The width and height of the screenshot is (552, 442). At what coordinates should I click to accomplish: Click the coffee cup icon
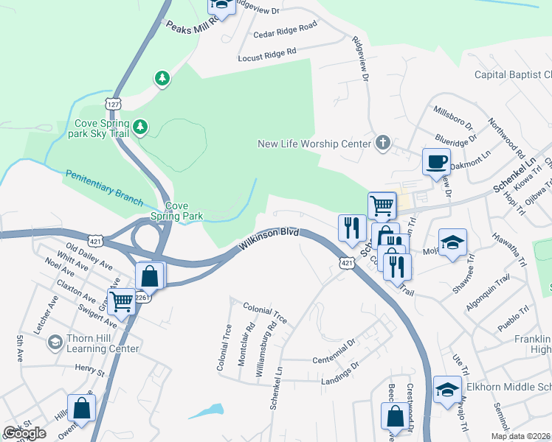point(435,161)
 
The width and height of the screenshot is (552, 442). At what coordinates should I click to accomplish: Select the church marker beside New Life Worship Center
point(382,143)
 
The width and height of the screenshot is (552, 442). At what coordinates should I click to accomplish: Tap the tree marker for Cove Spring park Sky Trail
point(140,129)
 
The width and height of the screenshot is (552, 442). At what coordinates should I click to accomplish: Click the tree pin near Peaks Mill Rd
point(162,77)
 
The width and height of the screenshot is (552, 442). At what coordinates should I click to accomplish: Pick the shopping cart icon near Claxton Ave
point(121,300)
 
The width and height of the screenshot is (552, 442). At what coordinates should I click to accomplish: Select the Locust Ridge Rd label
point(267,54)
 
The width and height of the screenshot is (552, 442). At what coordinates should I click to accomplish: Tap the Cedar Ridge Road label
point(285,29)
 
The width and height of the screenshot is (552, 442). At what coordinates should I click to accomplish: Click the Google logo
point(24,433)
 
